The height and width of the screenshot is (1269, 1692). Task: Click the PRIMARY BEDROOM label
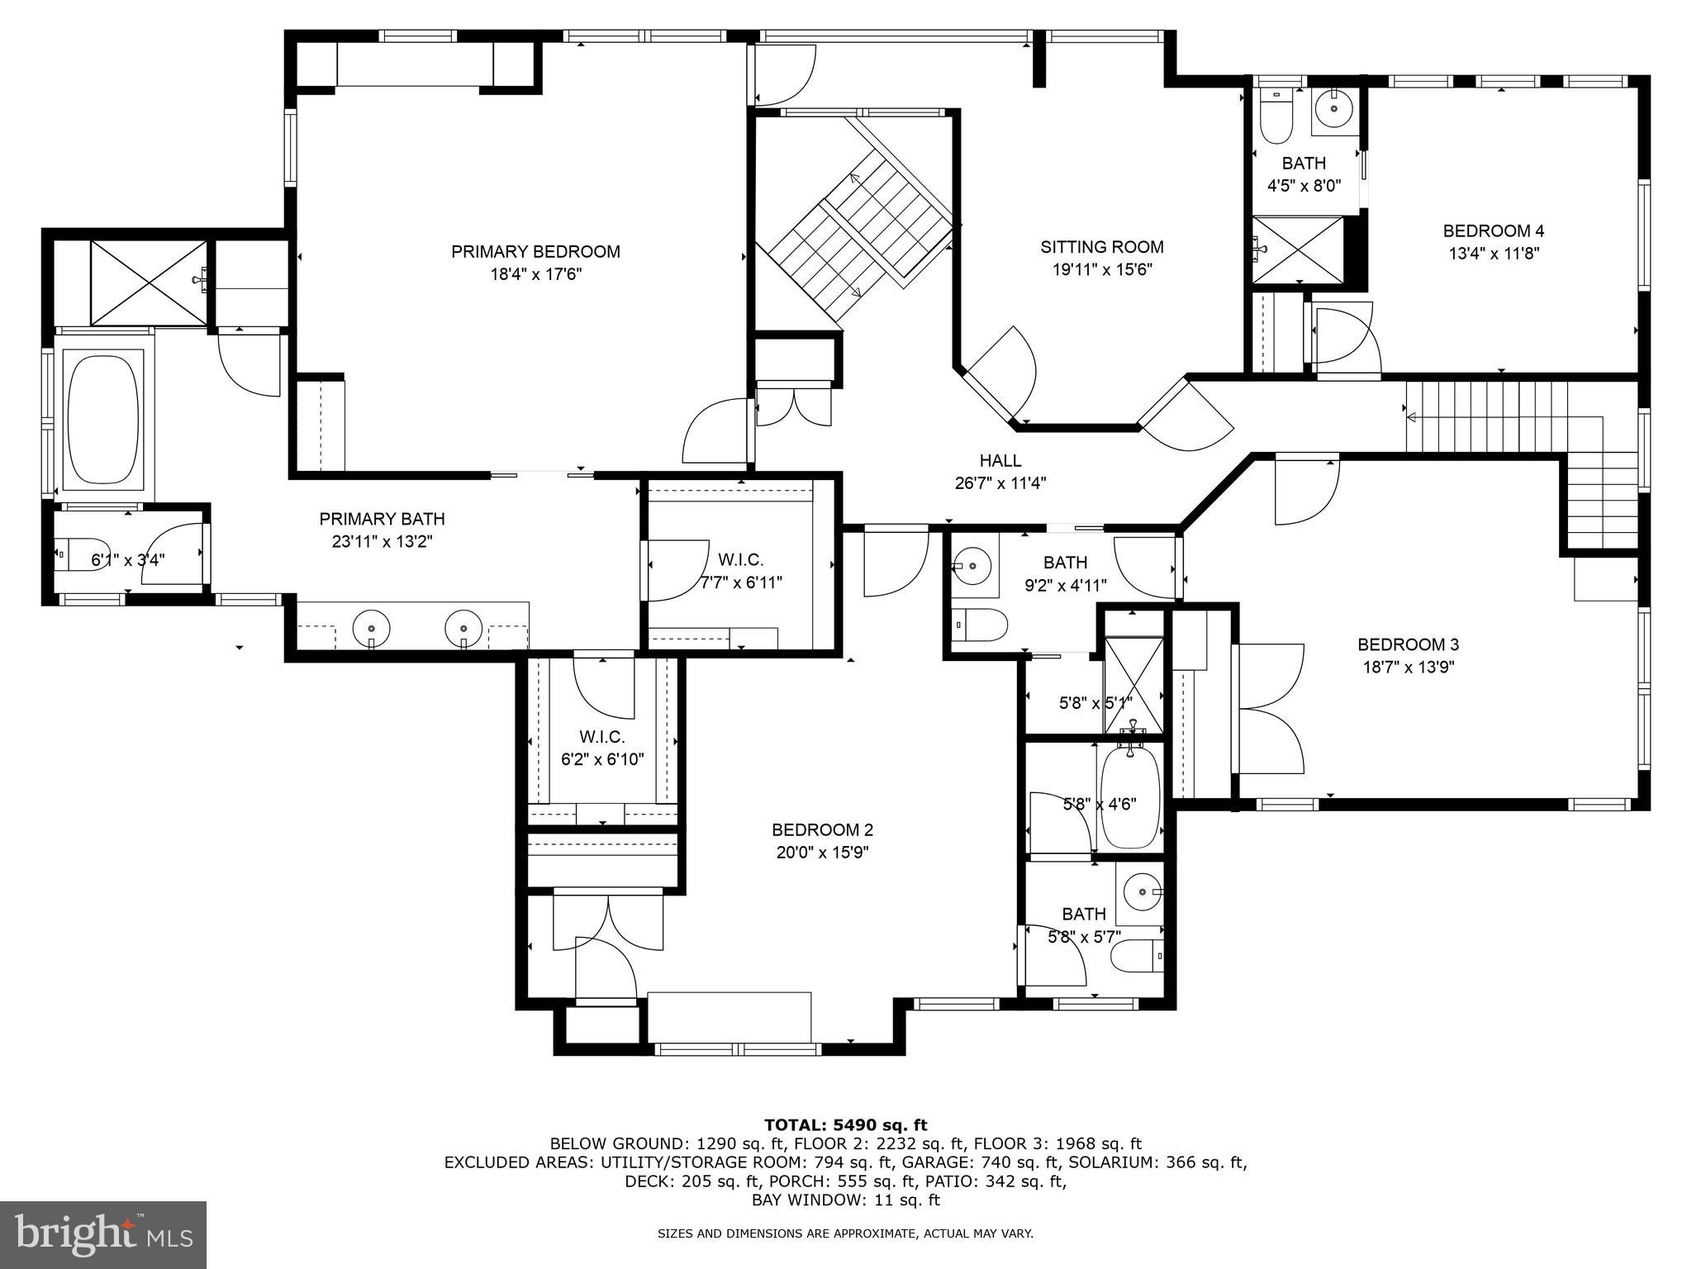(x=535, y=251)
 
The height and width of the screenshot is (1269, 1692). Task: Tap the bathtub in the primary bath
(x=102, y=419)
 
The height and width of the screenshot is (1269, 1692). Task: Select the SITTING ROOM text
(x=1101, y=246)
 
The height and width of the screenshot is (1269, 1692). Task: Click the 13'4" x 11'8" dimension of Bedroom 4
(x=1493, y=254)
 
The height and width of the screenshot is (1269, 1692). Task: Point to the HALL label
(x=1000, y=460)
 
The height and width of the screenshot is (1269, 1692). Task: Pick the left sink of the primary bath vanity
(x=371, y=629)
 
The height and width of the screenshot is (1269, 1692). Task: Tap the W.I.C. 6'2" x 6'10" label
(x=601, y=748)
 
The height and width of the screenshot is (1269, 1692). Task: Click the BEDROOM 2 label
(x=822, y=829)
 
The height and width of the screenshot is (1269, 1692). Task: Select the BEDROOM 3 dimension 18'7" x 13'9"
(x=1408, y=667)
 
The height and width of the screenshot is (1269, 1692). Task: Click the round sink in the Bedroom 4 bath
(x=1333, y=107)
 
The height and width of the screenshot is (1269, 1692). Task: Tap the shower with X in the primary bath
(x=149, y=283)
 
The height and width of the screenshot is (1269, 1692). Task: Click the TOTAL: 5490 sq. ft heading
(x=845, y=1124)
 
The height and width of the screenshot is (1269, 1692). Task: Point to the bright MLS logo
(x=103, y=1235)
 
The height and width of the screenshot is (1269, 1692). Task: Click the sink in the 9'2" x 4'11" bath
(x=972, y=567)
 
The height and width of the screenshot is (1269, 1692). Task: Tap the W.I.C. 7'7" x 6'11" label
(x=740, y=571)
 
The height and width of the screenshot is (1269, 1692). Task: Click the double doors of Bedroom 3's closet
(x=1268, y=708)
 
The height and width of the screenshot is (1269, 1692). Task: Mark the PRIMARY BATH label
(x=382, y=519)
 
